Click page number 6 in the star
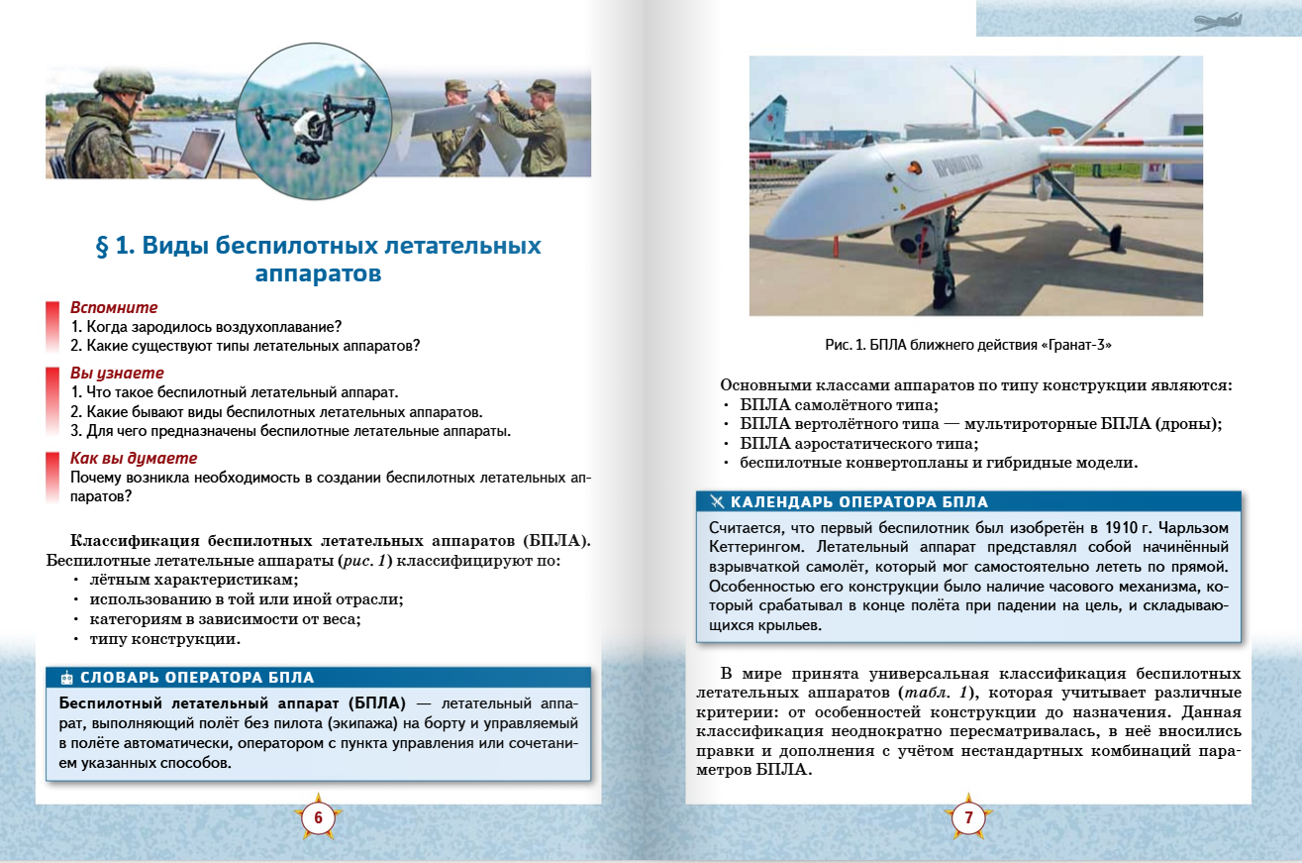(318, 818)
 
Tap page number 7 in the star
(968, 818)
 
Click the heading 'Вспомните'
(114, 308)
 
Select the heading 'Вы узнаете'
(117, 374)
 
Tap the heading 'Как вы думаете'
(134, 459)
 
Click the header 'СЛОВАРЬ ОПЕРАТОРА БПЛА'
(197, 678)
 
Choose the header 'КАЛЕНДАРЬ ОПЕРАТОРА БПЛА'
(858, 502)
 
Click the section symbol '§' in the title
(102, 246)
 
